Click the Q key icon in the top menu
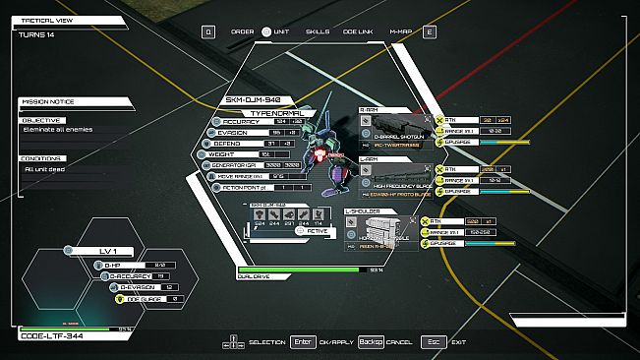pos(208,31)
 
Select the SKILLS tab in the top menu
pos(318,31)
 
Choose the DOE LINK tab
pos(359,31)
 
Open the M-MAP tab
pos(400,31)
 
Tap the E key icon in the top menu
pos(429,31)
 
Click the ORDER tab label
pos(242,31)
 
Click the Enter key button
pos(303,342)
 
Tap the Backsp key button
pos(371,342)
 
